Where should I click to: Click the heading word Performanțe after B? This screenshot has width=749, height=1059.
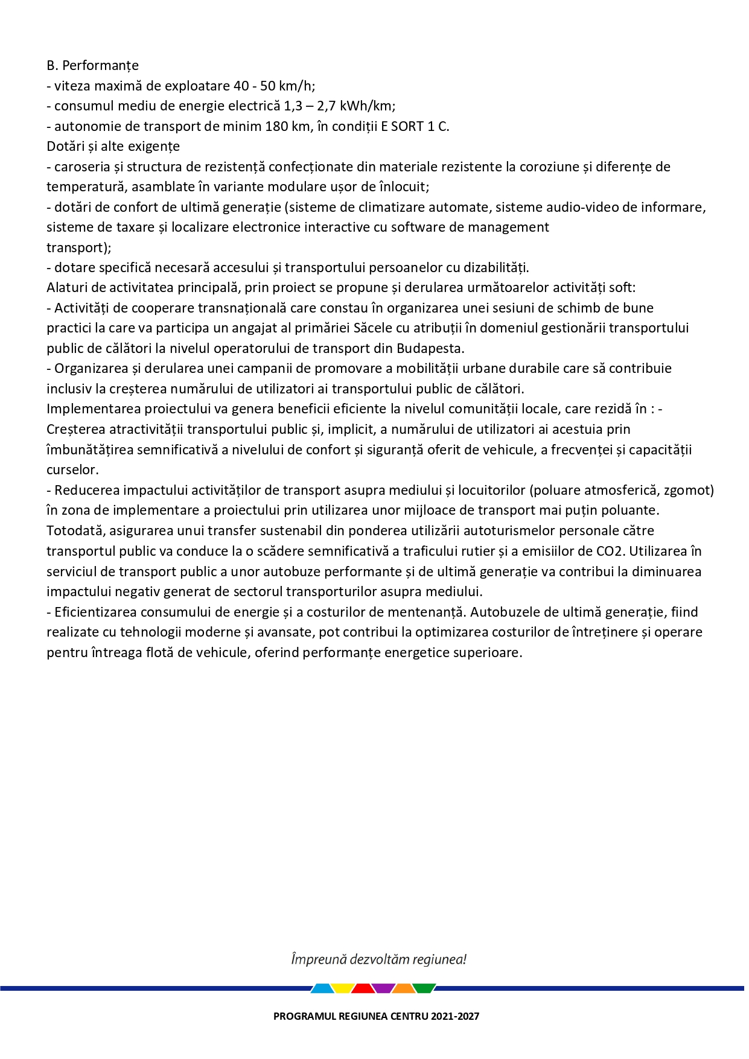click(100, 65)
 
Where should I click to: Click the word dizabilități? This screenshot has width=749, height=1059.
click(491, 267)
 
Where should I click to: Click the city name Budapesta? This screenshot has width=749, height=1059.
click(430, 349)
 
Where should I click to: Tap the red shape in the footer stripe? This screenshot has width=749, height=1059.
click(363, 988)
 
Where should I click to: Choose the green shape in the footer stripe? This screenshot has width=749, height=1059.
click(424, 988)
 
